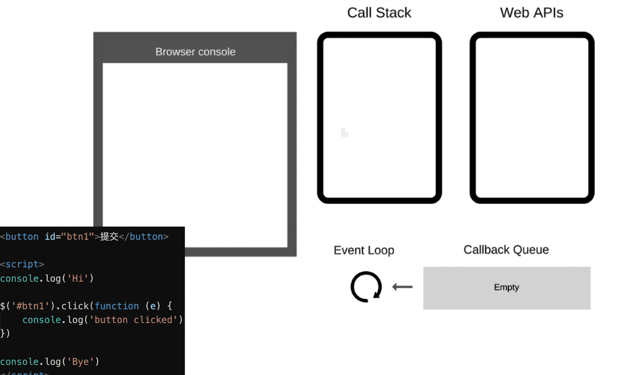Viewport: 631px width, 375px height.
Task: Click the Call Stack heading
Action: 379,13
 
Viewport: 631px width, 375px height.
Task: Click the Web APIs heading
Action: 532,13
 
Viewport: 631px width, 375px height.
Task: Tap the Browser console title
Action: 195,52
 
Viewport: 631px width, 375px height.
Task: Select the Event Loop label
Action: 364,250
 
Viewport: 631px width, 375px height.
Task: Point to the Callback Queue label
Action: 506,250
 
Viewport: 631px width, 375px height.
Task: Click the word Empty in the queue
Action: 507,287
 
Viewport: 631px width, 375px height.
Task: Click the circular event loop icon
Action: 366,287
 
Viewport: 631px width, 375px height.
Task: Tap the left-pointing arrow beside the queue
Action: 402,287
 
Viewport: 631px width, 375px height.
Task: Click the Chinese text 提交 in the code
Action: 109,237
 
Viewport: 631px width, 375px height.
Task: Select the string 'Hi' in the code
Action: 78,278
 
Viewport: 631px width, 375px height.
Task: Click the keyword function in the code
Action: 117,306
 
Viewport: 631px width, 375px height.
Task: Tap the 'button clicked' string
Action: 133,320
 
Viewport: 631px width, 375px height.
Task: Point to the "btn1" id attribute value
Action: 77,237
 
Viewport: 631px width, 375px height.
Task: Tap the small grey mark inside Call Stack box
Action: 345,132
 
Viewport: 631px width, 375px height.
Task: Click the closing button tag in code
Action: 144,237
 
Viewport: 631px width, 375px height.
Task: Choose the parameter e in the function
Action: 153,306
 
